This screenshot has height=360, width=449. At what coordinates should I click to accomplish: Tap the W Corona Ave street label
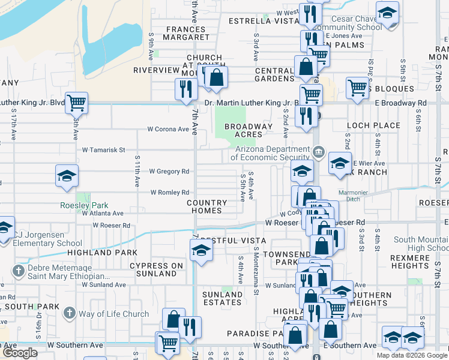click(x=168, y=129)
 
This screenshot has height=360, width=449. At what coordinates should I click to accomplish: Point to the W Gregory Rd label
click(x=169, y=172)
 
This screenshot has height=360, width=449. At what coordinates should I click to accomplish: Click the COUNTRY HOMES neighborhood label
click(x=206, y=207)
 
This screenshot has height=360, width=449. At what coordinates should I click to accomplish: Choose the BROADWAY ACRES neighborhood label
click(x=244, y=131)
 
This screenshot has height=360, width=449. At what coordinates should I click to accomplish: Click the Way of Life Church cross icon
click(x=70, y=313)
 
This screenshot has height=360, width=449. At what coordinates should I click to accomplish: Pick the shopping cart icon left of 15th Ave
click(x=76, y=103)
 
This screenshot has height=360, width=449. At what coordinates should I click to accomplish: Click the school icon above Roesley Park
click(x=67, y=176)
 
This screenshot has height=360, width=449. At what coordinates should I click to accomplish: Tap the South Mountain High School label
click(x=421, y=244)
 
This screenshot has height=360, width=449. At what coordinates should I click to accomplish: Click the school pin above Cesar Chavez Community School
click(x=387, y=13)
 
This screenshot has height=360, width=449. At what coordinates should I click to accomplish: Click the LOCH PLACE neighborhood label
click(x=373, y=125)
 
